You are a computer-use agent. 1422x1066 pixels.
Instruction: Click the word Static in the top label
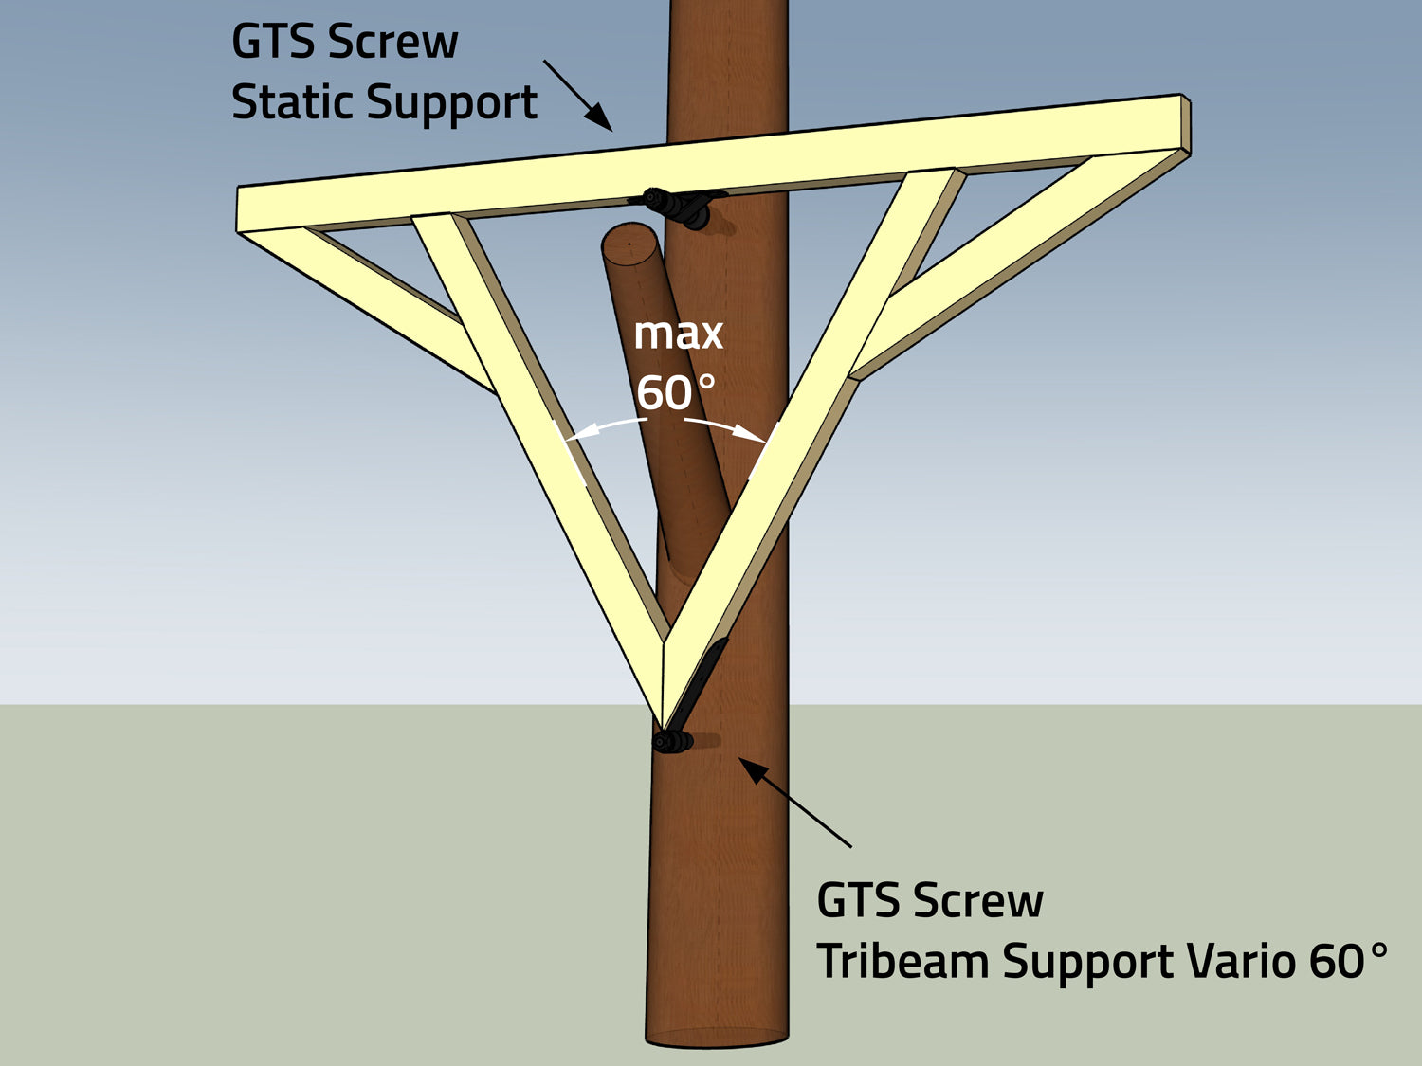[292, 102]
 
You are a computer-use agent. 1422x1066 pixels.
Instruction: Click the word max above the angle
[678, 334]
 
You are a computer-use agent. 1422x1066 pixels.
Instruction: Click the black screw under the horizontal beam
[675, 206]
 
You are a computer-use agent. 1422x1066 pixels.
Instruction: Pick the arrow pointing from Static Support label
[577, 96]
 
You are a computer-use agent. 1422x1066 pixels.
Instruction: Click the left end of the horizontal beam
[248, 208]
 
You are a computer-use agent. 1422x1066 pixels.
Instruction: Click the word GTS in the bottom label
[849, 900]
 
